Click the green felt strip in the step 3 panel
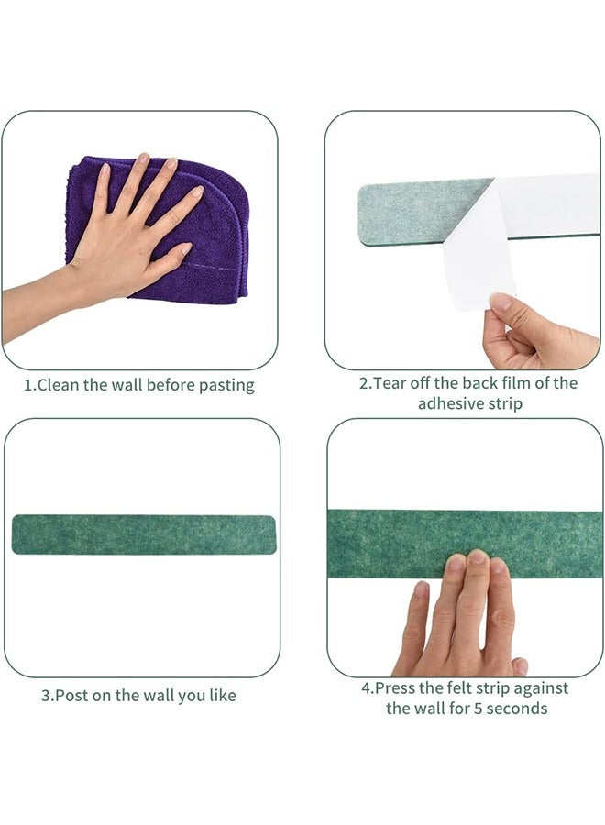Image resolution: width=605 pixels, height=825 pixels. click(x=144, y=533)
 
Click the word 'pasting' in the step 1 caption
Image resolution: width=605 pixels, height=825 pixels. click(x=225, y=385)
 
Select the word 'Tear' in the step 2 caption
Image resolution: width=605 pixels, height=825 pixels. click(x=390, y=383)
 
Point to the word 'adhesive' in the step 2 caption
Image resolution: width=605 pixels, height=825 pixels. click(x=449, y=404)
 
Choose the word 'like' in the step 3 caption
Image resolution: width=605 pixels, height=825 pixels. click(x=221, y=696)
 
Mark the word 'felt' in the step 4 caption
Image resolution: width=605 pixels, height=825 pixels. click(x=478, y=687)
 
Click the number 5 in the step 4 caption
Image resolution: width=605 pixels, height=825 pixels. click(x=467, y=709)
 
